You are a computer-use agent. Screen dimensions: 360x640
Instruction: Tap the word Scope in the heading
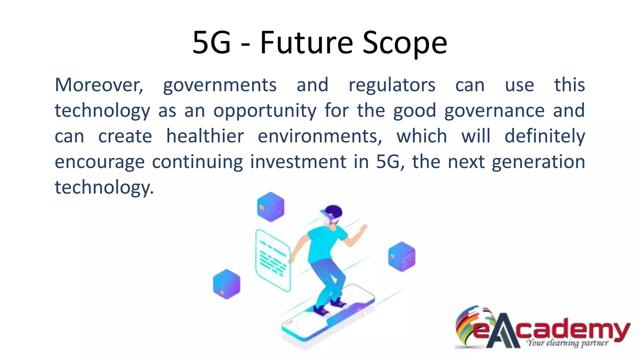[405, 43]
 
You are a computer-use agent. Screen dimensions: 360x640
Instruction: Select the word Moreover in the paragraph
[99, 85]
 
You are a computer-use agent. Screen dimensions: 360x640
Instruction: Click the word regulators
[392, 85]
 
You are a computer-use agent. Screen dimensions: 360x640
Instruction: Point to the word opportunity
[265, 111]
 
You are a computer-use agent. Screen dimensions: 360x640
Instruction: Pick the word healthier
[205, 136]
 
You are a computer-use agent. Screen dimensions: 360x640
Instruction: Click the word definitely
[545, 137]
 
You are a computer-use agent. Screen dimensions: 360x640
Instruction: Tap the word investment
[298, 162]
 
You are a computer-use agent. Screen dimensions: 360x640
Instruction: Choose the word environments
[319, 136]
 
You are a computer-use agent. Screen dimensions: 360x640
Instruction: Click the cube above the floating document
[271, 207]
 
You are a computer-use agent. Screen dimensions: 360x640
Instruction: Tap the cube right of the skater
[402, 256]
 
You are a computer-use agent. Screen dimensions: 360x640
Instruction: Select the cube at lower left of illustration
[227, 284]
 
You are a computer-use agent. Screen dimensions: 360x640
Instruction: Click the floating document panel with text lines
[273, 260]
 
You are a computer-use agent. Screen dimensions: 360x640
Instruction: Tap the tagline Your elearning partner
[567, 343]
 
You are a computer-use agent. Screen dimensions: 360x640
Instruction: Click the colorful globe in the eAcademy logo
[469, 325]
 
